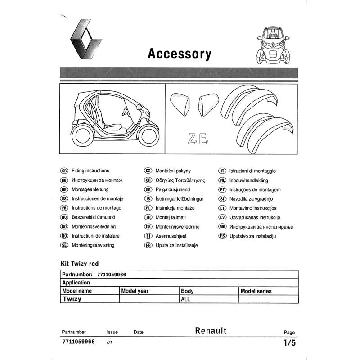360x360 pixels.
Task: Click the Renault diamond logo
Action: pos(85,40)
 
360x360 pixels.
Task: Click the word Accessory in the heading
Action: pos(179,54)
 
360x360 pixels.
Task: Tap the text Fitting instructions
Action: pos(90,171)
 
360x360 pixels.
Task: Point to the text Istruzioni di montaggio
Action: pos(253,171)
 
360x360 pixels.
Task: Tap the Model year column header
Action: pos(135,291)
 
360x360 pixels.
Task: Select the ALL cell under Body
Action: pos(185,299)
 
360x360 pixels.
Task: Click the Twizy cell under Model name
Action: pos(72,299)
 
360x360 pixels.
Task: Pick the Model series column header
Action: pos(256,291)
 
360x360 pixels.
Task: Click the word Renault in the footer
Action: pos(211,331)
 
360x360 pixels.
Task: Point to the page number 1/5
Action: pos(289,342)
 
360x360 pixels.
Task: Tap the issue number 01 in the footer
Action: pos(109,342)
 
